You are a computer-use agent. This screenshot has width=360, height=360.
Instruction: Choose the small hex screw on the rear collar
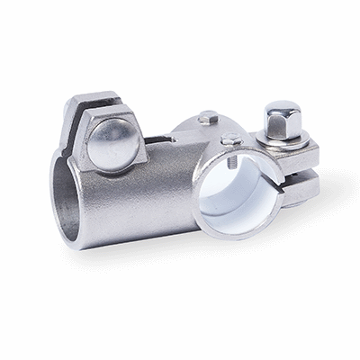(208, 116)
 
